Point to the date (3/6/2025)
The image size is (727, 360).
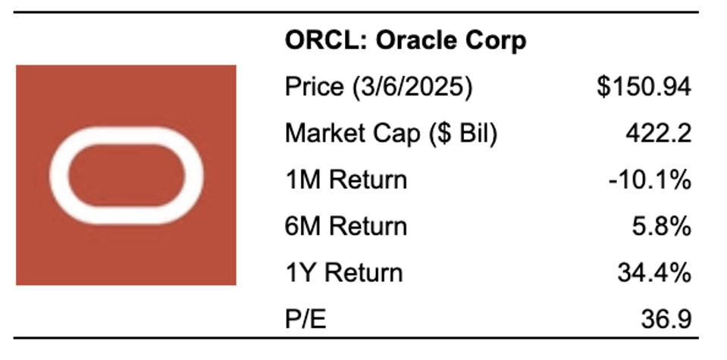pos(412,87)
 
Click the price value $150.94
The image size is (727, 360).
pos(643,87)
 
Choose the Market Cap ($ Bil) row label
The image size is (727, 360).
pos(390,133)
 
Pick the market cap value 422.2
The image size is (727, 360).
pos(658,133)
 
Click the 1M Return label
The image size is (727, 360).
pos(346,180)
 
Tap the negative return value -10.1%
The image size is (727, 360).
pos(650,180)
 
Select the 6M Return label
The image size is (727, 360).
pos(346,226)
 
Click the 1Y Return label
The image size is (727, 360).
pos(343,272)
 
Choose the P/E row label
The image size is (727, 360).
pos(305,319)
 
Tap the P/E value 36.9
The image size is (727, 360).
pos(666,319)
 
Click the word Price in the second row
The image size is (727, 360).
pos(313,87)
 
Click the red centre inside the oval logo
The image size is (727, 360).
pos(126,175)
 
